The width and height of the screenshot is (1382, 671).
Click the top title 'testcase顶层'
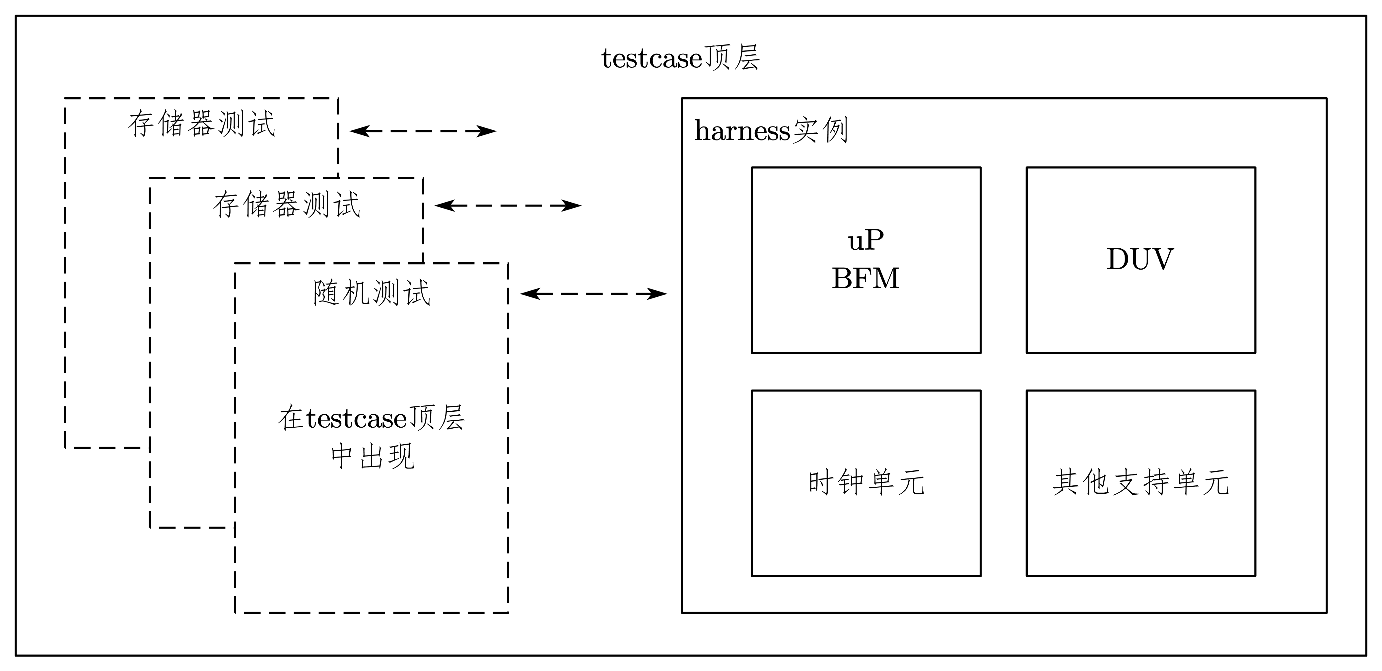[x=680, y=58]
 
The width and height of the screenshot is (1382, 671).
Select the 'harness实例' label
[x=771, y=131]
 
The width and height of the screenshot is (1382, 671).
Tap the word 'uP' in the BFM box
[x=865, y=240]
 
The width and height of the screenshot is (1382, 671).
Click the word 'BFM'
[x=865, y=279]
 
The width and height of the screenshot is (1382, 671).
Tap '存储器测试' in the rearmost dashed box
[x=202, y=124]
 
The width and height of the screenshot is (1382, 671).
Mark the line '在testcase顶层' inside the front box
[x=371, y=418]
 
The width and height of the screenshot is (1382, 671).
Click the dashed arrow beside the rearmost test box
[x=423, y=131]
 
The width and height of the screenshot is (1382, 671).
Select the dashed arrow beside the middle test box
[x=508, y=206]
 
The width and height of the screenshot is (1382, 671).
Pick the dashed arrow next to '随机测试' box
[x=593, y=294]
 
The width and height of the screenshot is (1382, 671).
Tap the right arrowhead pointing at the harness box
[x=658, y=294]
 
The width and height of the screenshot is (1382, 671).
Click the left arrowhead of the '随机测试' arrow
[x=529, y=294]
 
